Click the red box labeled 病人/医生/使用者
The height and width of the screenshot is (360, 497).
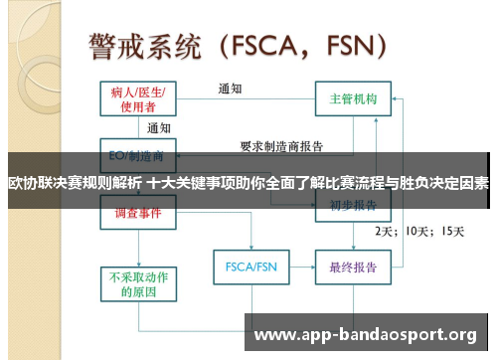point(139,99)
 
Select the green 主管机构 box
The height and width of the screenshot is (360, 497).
point(354,99)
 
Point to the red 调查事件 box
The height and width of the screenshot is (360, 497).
point(138,213)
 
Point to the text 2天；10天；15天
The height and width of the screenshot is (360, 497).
point(418,231)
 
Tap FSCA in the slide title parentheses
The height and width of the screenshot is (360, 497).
point(268,46)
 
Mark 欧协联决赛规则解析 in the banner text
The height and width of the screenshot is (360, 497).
point(74,183)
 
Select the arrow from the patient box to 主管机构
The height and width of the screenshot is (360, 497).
point(248,99)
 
